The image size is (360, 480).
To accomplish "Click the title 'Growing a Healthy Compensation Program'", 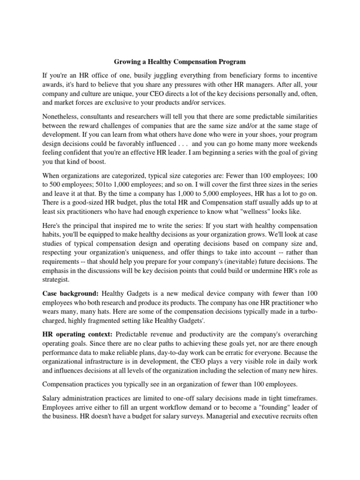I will [x=180, y=61].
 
